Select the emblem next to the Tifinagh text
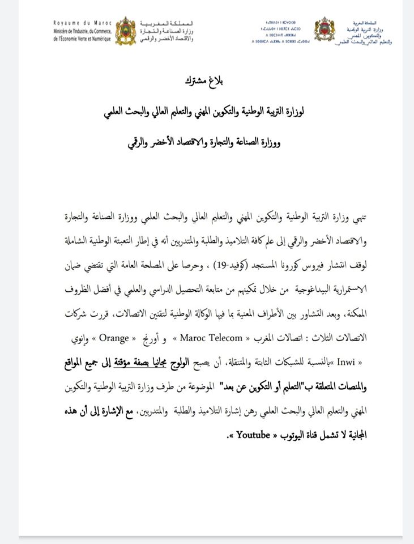pos(324,31)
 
